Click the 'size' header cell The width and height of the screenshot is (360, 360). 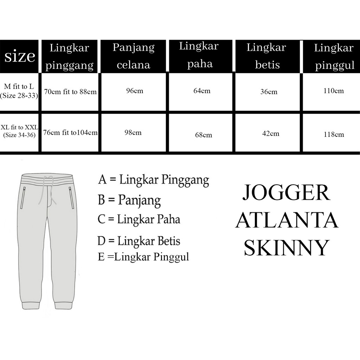click(19, 56)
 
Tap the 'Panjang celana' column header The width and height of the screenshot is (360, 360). click(134, 56)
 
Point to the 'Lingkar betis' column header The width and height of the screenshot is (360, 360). click(266, 56)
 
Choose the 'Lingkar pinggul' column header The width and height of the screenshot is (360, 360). click(333, 57)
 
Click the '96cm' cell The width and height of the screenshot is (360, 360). click(135, 91)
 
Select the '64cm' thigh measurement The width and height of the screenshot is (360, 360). click(202, 91)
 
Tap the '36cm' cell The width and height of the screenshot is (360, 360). click(269, 92)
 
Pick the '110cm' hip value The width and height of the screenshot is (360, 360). click(333, 91)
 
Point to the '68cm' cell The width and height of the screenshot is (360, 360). click(204, 135)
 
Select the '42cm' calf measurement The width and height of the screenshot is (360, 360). click(270, 134)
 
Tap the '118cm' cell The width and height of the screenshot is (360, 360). click(333, 134)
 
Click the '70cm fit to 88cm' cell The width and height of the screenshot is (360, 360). click(70, 92)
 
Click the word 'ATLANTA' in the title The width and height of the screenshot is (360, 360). click(287, 221)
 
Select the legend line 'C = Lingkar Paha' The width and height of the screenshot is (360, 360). click(139, 219)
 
